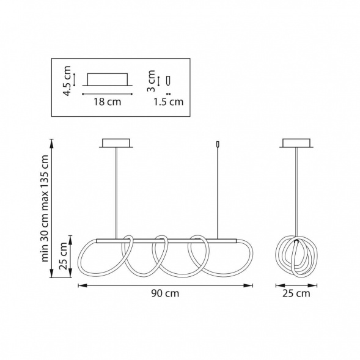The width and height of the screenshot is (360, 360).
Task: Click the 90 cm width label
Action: pyautogui.click(x=165, y=293)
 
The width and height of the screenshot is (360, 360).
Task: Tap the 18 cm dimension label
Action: pyautogui.click(x=107, y=101)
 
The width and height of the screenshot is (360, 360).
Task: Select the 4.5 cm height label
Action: pyautogui.click(x=67, y=81)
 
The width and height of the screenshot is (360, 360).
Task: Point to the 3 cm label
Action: pyautogui.click(x=151, y=81)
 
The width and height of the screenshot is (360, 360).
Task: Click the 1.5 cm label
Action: pyautogui.click(x=169, y=101)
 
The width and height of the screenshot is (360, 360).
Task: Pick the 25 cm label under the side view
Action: pyautogui.click(x=296, y=293)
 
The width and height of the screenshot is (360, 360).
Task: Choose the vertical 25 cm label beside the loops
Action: pyautogui.click(x=63, y=256)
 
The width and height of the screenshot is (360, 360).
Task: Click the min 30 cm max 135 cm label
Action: pyautogui.click(x=45, y=208)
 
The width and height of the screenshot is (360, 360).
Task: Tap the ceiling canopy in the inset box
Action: pyautogui.click(x=107, y=79)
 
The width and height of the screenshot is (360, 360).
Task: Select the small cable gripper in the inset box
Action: pyautogui.click(x=169, y=80)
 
